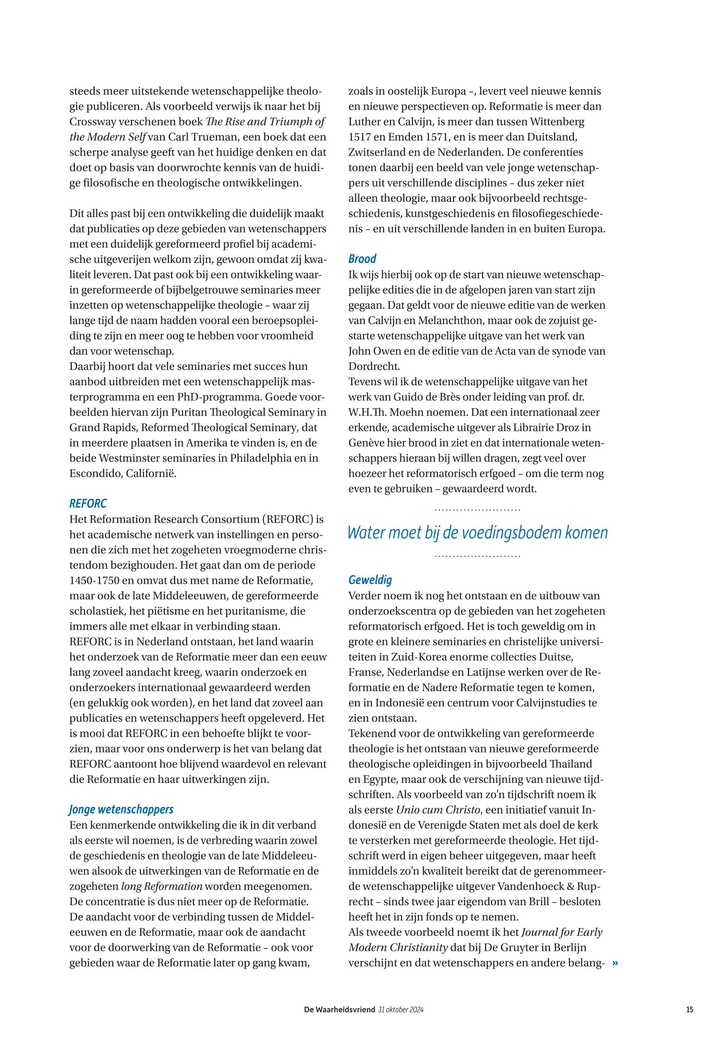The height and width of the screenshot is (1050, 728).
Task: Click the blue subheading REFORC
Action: click(88, 503)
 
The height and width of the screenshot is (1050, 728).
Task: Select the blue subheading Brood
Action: click(362, 259)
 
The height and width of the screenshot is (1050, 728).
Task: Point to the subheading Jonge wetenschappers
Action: click(122, 810)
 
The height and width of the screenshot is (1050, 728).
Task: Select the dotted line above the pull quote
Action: click(477, 510)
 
